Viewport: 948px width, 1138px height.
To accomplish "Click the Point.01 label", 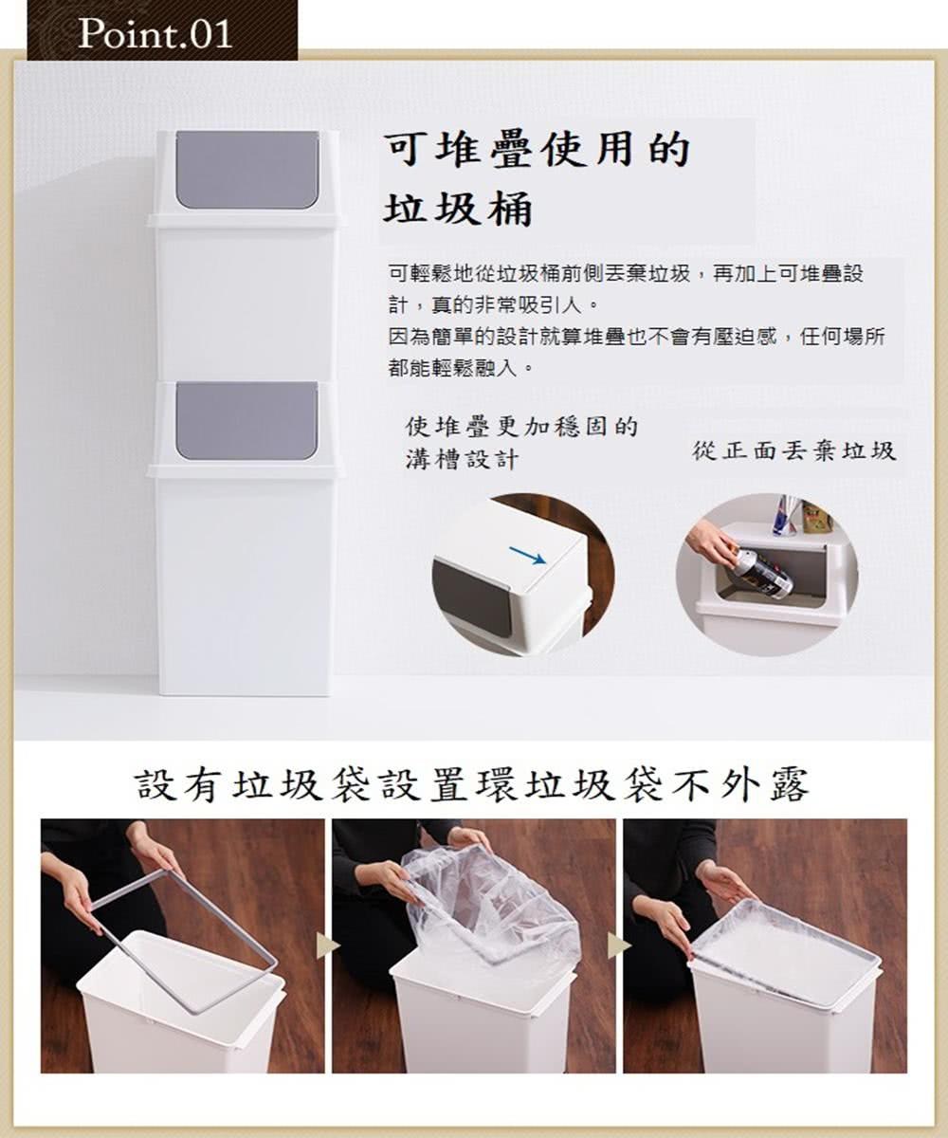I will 155,33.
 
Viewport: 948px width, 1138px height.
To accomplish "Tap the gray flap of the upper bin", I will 246,169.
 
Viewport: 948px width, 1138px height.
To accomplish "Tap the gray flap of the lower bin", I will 246,420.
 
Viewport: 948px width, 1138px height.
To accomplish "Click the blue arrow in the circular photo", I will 527,555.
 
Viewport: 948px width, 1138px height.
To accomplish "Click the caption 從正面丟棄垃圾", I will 793,450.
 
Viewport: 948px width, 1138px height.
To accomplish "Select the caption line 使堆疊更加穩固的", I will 521,427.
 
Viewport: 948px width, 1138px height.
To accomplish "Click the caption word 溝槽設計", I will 462,460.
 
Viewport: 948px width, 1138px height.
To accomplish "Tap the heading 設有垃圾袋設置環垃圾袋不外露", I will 473,785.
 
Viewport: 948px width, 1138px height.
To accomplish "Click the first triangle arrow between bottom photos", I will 328,944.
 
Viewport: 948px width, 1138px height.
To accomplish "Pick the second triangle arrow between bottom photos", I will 619,944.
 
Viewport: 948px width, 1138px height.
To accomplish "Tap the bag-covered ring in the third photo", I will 787,953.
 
